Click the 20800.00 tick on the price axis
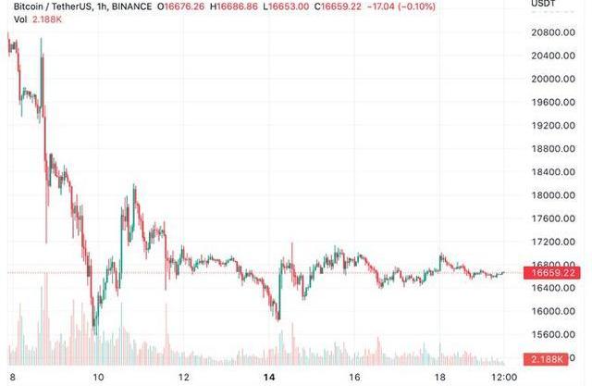553,32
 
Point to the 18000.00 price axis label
553,195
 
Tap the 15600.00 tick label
553,335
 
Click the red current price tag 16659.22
553,273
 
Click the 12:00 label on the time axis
503,378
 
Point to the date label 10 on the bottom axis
99,378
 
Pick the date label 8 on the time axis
10,378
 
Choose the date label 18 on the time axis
440,378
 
